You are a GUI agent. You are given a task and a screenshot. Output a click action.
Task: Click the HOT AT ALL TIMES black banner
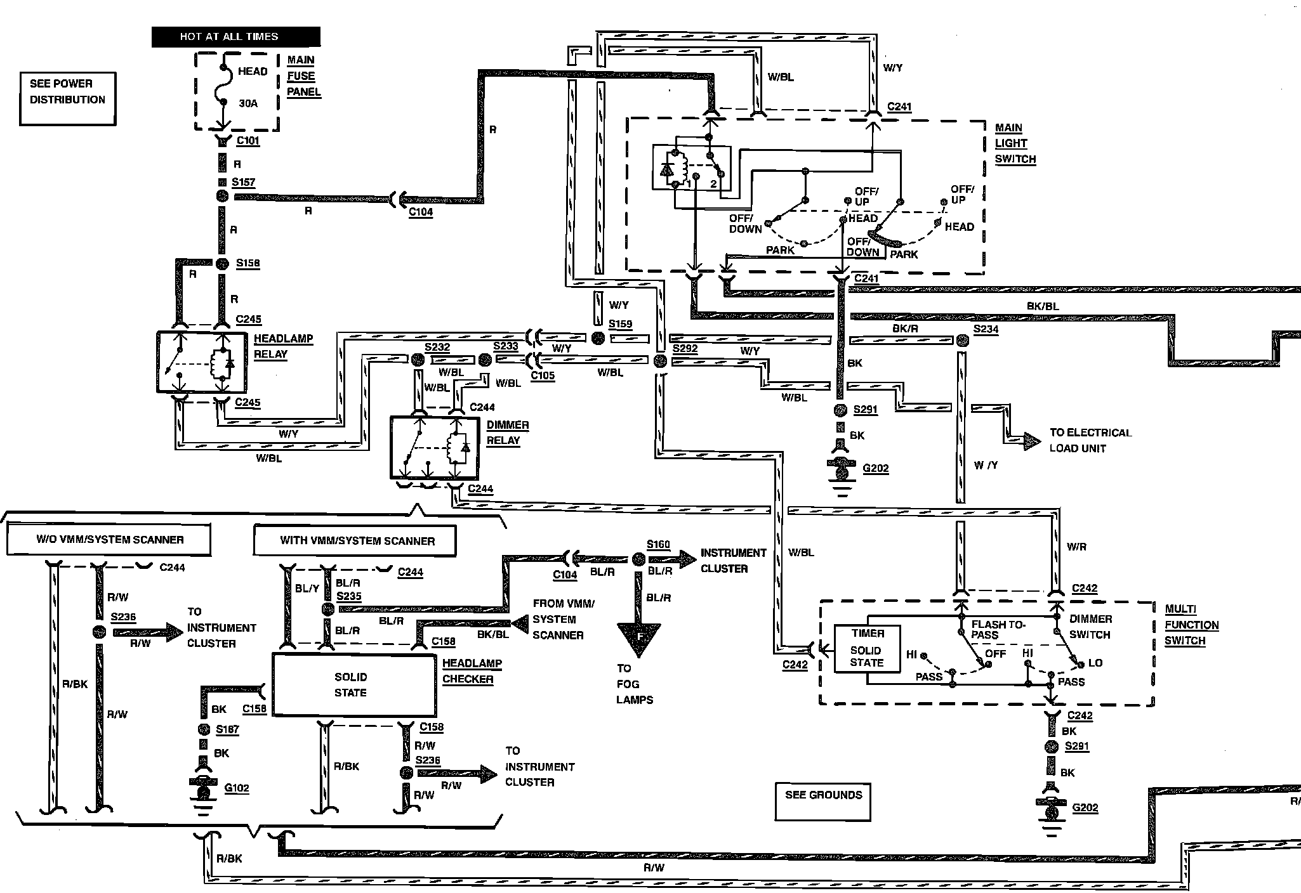[235, 37]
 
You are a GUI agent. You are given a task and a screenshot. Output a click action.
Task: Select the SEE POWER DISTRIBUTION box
[67, 98]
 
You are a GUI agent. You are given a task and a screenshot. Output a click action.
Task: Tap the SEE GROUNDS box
[823, 802]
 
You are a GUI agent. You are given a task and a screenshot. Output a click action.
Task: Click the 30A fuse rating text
[248, 103]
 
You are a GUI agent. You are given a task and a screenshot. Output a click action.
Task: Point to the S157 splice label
[243, 183]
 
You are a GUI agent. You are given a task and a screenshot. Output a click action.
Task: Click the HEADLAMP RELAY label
[283, 346]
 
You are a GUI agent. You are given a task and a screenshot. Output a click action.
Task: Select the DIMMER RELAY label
[508, 433]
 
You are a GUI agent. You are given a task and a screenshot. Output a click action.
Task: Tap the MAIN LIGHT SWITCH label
[1015, 143]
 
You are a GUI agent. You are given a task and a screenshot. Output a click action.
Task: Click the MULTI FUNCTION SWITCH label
[1191, 625]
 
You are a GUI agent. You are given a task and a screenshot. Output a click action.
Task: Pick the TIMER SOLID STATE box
[868, 648]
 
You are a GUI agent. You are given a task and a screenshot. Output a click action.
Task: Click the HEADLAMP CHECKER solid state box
[354, 685]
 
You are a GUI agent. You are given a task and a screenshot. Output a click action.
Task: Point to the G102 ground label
[237, 788]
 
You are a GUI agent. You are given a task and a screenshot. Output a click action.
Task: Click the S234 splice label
[986, 329]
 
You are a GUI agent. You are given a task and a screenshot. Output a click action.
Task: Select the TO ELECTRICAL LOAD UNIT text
[1090, 440]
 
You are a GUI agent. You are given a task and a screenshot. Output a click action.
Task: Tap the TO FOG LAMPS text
[635, 684]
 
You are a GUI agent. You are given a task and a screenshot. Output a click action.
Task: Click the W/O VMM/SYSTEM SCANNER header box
[109, 540]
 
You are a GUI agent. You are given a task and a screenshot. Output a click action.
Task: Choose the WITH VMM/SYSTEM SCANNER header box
[355, 541]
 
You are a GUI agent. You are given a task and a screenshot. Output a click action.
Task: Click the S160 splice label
[658, 544]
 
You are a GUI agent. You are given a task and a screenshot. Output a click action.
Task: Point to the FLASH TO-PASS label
[998, 630]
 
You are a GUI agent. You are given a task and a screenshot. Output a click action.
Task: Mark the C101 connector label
[248, 141]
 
